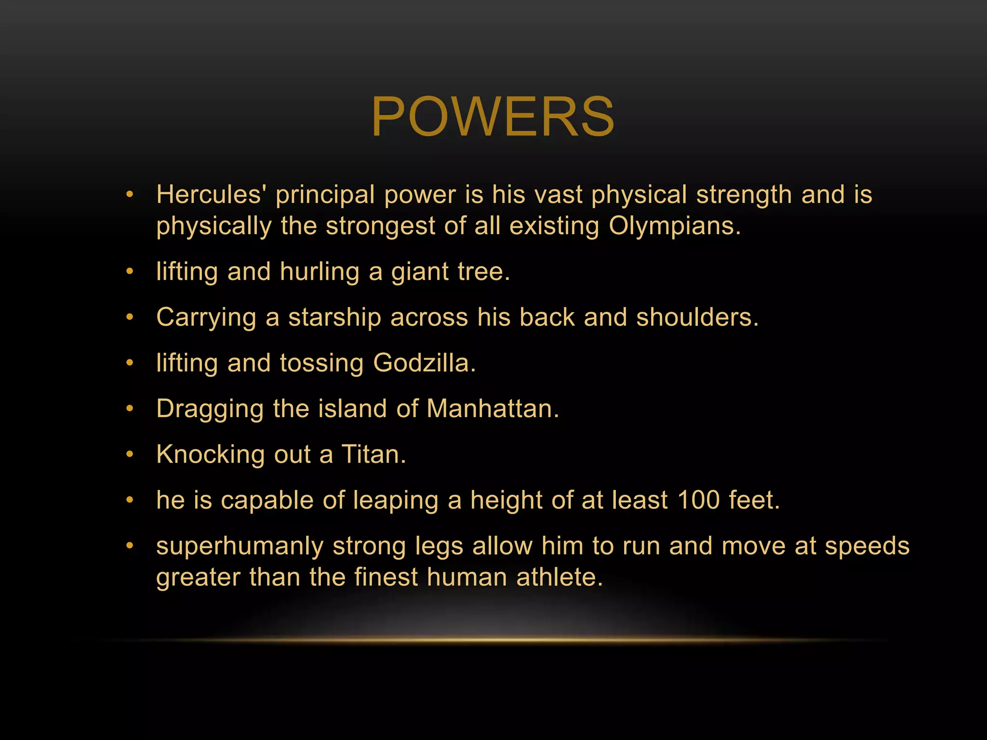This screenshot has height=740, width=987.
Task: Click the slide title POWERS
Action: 493,117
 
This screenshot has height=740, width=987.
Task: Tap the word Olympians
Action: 675,225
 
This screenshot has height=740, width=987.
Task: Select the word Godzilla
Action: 424,363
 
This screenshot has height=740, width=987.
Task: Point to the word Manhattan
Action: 493,409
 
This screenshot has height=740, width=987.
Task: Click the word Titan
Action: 373,454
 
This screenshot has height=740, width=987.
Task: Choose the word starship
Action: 334,317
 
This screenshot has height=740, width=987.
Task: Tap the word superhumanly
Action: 240,546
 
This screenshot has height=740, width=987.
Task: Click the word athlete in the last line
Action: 559,577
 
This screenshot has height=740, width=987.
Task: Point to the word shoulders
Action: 697,317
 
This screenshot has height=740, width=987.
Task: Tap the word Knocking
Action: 211,454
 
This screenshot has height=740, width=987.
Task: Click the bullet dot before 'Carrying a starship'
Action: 129,317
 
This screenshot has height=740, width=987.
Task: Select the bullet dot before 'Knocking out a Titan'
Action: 129,454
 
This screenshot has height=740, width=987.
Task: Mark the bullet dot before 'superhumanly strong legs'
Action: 129,546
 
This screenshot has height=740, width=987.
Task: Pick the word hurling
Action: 320,272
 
